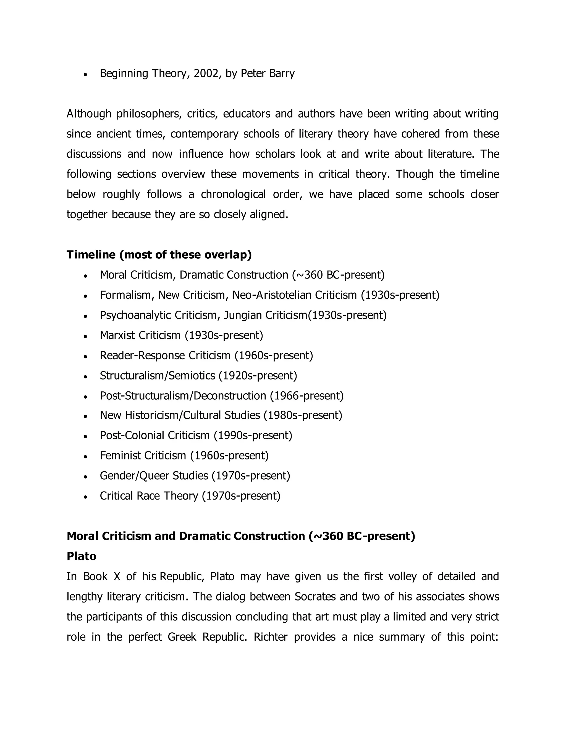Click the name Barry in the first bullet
(282, 74)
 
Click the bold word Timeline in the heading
(91, 255)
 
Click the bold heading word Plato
(82, 557)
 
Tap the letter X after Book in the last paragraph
(117, 577)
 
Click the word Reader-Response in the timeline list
(142, 355)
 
